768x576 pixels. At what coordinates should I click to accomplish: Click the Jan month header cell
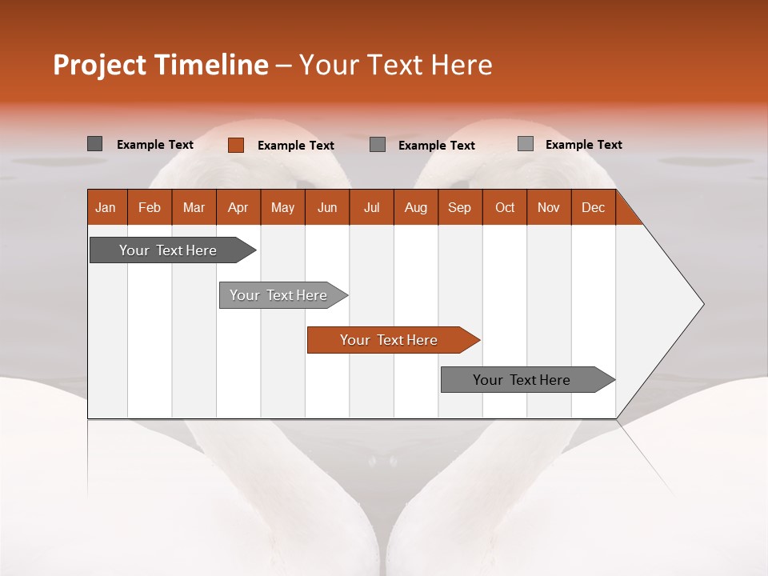coord(106,207)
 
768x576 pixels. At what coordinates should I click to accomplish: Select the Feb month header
coord(150,207)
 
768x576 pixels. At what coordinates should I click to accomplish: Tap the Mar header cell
coord(194,207)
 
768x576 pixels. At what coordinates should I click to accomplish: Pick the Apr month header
coord(238,207)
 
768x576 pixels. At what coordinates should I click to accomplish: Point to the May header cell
coord(282,207)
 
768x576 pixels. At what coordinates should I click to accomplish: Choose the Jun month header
coord(327,207)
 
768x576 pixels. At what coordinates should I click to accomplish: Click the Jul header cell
coord(371,207)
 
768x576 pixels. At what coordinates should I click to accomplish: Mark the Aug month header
coord(416,207)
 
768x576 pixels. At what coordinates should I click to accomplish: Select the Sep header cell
coord(460,207)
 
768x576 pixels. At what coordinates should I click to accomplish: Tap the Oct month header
coord(505,207)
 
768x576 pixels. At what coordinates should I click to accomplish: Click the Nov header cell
coord(549,207)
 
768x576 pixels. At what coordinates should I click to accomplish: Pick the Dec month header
coord(594,207)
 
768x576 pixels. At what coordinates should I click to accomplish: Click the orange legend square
coord(236,145)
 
